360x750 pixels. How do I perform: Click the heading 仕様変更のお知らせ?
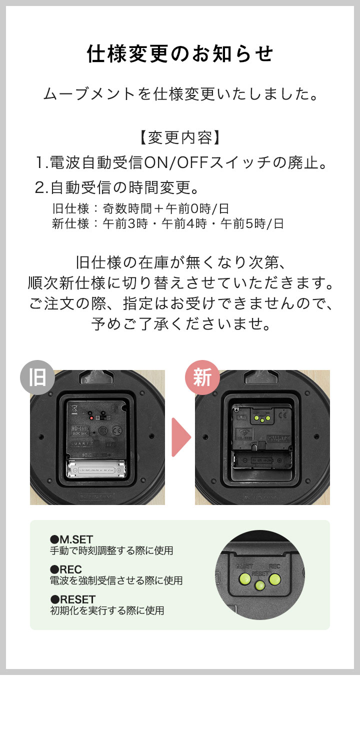click(x=180, y=54)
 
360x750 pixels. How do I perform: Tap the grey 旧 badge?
click(x=37, y=377)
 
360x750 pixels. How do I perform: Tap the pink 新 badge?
click(x=202, y=377)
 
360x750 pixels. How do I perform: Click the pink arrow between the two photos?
click(x=180, y=437)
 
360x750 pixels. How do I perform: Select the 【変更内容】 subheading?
click(x=180, y=137)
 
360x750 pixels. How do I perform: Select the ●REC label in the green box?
click(x=66, y=569)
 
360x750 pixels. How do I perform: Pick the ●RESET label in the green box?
click(x=72, y=599)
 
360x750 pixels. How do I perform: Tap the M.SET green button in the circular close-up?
click(x=245, y=579)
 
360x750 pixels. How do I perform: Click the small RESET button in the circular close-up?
click(x=259, y=585)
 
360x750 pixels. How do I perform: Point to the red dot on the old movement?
click(x=91, y=417)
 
